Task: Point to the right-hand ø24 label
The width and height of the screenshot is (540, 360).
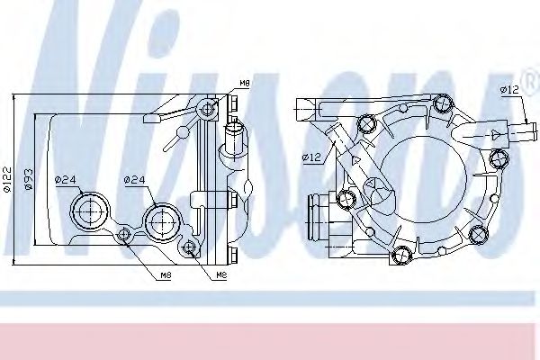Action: point(133,179)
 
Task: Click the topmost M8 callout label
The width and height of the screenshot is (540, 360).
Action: point(245,85)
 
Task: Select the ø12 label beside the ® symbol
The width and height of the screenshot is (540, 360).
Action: point(509,88)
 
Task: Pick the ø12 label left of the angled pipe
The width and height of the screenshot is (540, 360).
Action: point(311,158)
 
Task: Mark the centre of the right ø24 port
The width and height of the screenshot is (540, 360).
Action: point(161,218)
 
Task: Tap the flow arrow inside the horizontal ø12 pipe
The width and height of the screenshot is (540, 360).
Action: point(494,132)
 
